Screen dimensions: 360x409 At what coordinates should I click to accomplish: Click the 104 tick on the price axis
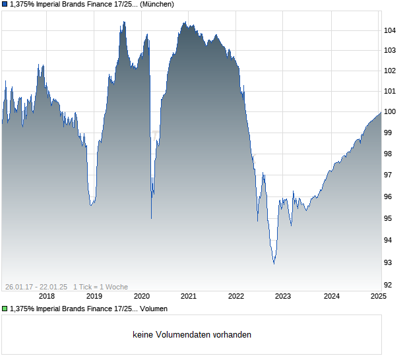click(x=389, y=30)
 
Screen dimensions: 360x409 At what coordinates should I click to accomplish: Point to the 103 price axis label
click(x=389, y=50)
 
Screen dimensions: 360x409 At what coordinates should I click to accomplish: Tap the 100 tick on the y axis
click(x=389, y=111)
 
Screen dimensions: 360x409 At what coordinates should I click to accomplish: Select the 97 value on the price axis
click(x=389, y=175)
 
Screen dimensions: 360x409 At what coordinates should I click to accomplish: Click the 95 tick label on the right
click(x=389, y=218)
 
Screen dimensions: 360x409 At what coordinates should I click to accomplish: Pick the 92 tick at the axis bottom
click(x=389, y=285)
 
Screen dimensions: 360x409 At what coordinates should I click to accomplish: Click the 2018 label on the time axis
click(x=46, y=296)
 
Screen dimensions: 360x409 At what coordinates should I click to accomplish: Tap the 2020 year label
click(x=142, y=296)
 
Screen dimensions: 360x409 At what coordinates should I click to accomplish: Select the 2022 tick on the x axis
click(x=236, y=296)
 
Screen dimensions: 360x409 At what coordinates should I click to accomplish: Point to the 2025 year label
click(x=378, y=296)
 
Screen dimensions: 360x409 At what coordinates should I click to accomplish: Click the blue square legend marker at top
click(x=5, y=5)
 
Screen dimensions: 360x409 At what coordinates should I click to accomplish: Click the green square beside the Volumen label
click(x=5, y=309)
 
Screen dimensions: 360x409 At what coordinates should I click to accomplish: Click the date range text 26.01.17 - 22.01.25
click(x=36, y=287)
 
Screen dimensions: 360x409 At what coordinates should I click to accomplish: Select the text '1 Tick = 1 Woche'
click(x=101, y=287)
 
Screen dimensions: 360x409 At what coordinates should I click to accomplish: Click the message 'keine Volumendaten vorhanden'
click(x=192, y=335)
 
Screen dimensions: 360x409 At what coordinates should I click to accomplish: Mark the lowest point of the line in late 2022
click(x=274, y=264)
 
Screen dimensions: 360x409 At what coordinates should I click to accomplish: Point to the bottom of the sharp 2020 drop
click(x=151, y=218)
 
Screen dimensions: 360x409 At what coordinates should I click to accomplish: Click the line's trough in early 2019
click(x=91, y=205)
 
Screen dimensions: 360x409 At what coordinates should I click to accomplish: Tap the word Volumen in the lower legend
click(x=153, y=309)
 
